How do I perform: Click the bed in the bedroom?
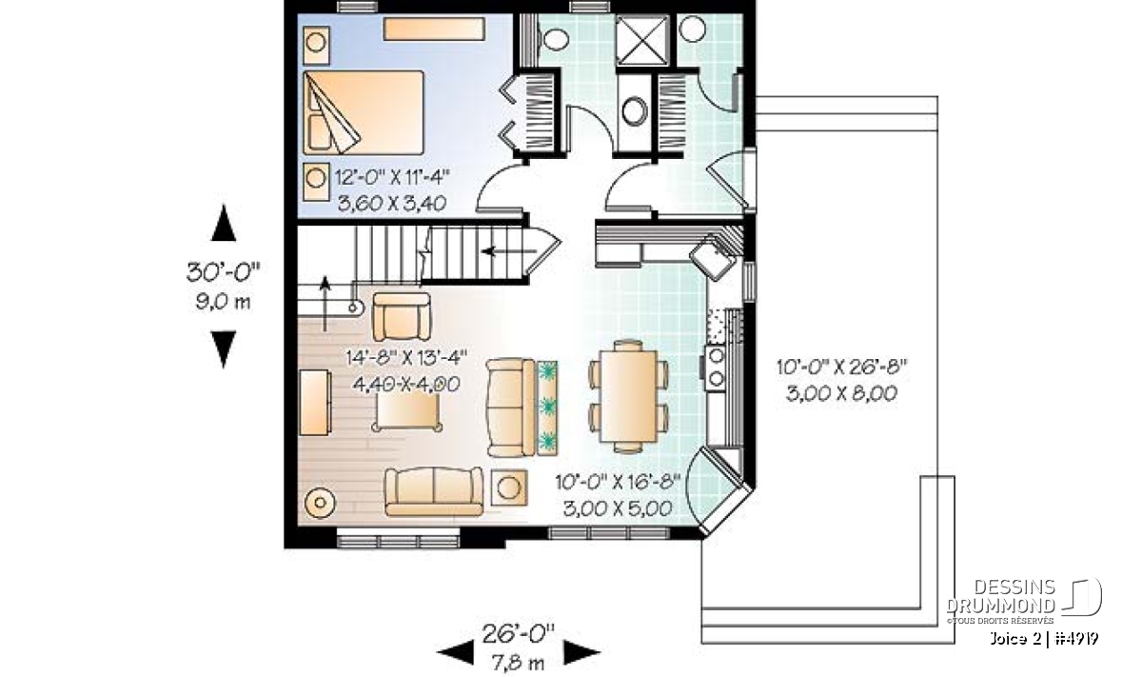pos(364,112)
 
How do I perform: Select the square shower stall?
pos(641,40)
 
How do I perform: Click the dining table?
pos(629,396)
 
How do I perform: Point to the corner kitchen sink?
pos(713,258)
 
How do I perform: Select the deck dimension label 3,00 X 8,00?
pos(841,394)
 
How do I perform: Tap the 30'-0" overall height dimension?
pos(224,272)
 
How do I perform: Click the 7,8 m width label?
pos(518,664)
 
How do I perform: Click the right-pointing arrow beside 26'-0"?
pos(581,652)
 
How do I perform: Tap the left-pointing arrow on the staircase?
pos(509,251)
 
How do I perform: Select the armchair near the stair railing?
pos(402,316)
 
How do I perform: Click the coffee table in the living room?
pos(407,412)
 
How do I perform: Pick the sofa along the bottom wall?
pos(434,491)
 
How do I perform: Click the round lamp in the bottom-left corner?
pos(320,503)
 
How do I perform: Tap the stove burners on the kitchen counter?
pos(717,367)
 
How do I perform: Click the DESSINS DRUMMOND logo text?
pos(1000,596)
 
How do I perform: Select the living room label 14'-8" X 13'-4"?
pos(406,358)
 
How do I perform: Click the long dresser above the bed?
pos(434,30)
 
